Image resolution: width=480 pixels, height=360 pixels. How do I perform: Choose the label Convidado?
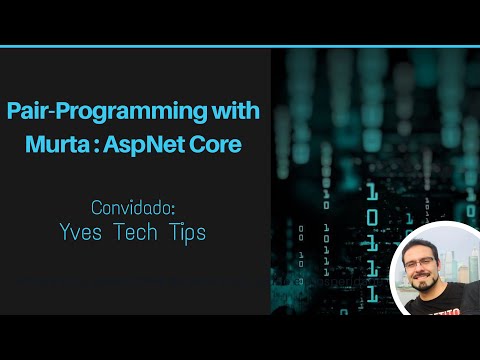133,209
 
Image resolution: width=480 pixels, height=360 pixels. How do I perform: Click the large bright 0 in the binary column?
372,218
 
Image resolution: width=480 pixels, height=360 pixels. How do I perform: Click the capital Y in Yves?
67,233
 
